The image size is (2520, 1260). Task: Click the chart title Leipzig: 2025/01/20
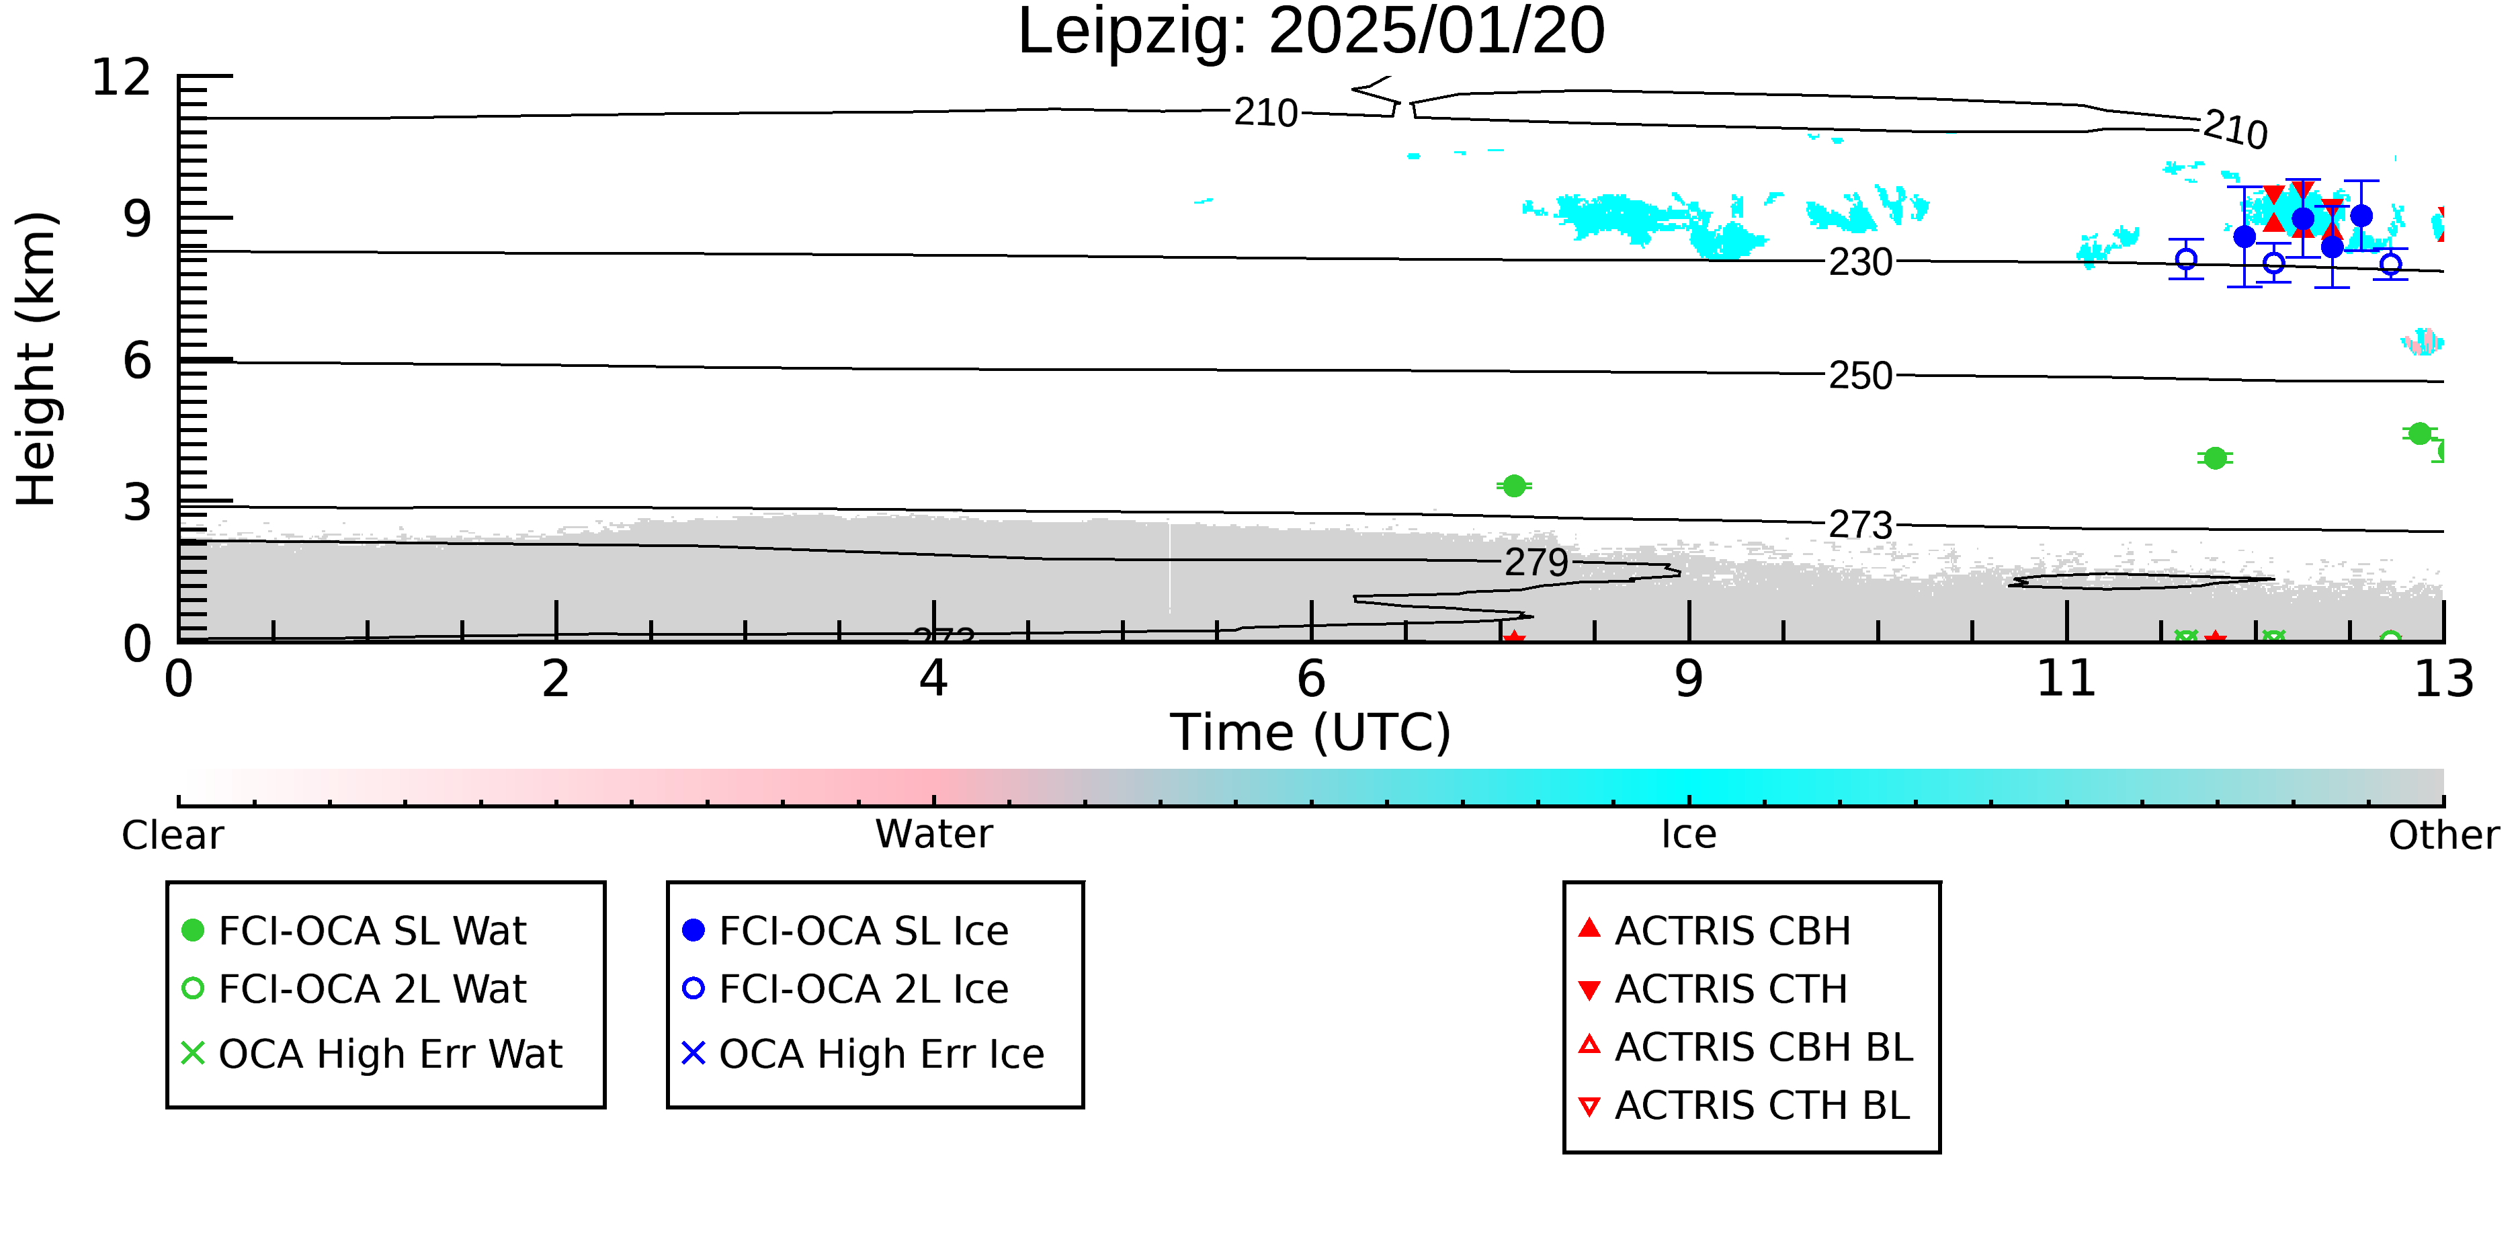(x=1311, y=33)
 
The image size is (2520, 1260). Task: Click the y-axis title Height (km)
(x=37, y=358)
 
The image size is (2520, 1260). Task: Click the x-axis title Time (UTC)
(x=1311, y=732)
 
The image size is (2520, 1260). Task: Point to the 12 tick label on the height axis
(x=122, y=77)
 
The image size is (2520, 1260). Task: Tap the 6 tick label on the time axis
(x=1311, y=679)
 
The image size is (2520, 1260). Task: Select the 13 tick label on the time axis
(x=2443, y=679)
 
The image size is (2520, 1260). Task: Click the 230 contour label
(x=1861, y=262)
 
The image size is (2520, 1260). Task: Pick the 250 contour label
(x=1861, y=376)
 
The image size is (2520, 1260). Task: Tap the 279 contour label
(x=1536, y=562)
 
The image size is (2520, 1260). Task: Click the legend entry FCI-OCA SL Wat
(x=354, y=930)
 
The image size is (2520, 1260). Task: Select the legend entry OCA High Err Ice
(x=864, y=1054)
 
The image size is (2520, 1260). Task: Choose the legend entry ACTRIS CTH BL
(x=1745, y=1105)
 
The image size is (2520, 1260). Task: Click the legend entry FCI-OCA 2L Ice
(x=846, y=989)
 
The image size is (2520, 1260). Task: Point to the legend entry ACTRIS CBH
(x=1715, y=930)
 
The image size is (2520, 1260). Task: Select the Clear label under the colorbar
(x=172, y=835)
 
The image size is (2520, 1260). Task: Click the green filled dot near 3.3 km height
(x=1513, y=487)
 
